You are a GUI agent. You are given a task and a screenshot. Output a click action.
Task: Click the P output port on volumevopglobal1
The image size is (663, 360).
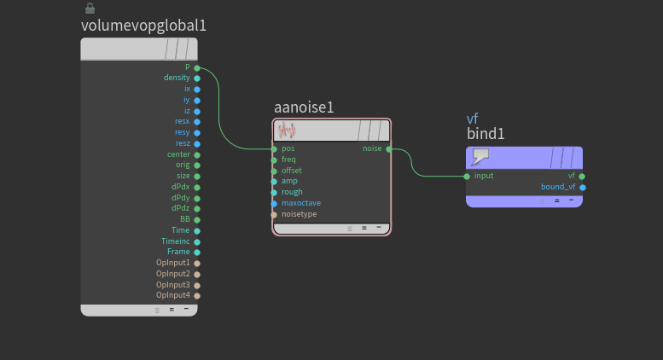coord(197,67)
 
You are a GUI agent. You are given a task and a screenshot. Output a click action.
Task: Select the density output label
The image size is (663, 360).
coord(177,78)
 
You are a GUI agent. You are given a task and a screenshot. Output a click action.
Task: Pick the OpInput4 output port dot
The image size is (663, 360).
coord(197,295)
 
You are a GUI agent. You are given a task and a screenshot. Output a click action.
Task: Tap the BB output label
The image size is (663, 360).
coord(184,219)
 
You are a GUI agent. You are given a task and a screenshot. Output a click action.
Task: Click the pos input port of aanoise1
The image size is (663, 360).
coord(274,148)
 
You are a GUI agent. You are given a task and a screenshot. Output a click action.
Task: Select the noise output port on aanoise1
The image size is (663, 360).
coord(389,148)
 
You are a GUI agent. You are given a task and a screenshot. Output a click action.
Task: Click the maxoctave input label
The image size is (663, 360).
coord(301,203)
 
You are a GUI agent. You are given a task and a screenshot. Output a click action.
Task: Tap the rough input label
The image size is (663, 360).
coord(292,192)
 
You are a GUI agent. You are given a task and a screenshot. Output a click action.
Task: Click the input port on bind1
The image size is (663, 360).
coord(467,176)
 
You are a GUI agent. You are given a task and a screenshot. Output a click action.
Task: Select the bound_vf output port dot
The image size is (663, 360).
coord(583,187)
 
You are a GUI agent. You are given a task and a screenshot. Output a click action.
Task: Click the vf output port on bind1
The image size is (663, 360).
coord(583,176)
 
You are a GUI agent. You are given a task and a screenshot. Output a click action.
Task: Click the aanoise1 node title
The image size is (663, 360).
coord(304,107)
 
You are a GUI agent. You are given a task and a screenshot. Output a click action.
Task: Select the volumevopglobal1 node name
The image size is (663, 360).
coord(143,26)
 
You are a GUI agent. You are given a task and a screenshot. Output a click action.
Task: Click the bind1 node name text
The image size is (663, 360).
coord(486,134)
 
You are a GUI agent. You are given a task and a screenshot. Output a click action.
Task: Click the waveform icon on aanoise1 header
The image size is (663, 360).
coord(287,131)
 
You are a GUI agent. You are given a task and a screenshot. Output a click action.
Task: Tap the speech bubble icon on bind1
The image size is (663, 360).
coord(480,156)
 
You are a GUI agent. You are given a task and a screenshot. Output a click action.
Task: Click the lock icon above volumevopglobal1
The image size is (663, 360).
coord(90,8)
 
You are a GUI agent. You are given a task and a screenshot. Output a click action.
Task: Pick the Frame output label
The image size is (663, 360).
coord(178,252)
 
